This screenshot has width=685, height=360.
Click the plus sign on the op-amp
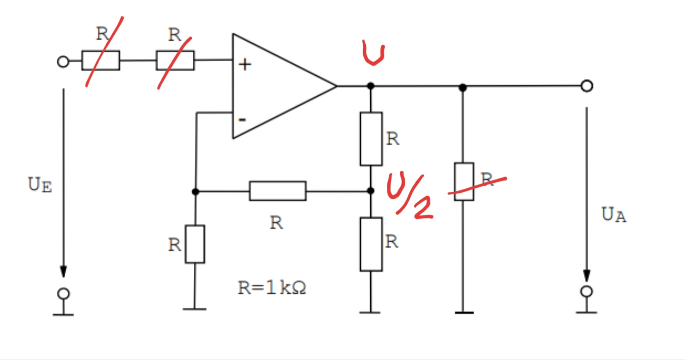click(x=245, y=65)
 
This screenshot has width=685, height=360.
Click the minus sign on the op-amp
click(x=242, y=120)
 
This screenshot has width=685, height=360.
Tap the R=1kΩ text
click(x=272, y=288)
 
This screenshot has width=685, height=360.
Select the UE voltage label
click(x=40, y=185)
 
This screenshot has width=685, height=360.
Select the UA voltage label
click(x=614, y=215)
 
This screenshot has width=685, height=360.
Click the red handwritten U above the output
click(x=373, y=52)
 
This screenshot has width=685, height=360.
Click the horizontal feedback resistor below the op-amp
click(x=278, y=191)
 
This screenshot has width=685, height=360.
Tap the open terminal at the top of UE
click(x=63, y=62)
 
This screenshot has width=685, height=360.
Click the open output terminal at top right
click(x=587, y=86)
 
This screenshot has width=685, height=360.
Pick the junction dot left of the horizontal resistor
click(x=195, y=192)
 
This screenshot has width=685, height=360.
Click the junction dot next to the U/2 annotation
click(x=371, y=191)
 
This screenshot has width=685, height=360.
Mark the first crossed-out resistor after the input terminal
click(x=101, y=60)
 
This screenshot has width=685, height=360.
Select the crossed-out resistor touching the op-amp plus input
click(x=175, y=60)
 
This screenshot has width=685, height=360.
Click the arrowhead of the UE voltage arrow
click(x=63, y=271)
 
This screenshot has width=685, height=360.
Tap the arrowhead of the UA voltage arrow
click(x=587, y=275)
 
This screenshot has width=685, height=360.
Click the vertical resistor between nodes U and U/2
click(x=371, y=139)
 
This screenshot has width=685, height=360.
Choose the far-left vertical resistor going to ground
click(x=195, y=244)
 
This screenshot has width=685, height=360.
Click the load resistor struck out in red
click(x=464, y=182)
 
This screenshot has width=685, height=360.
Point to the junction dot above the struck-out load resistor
click(x=463, y=87)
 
